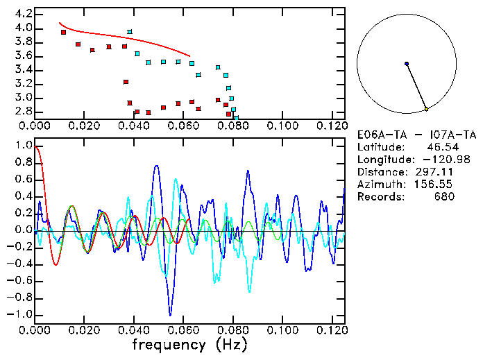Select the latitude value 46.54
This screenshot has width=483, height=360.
pos(439,147)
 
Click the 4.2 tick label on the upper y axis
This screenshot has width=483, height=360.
pos(23,14)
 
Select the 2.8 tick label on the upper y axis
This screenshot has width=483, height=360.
pos(23,111)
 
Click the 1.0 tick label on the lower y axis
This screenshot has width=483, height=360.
pos(23,146)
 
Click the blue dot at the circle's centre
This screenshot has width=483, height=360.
pos(407,64)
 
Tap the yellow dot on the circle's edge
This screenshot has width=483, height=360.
pos(426,110)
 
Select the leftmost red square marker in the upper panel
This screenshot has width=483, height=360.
pos(63,32)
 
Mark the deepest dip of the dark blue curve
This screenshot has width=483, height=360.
pos(169,315)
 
